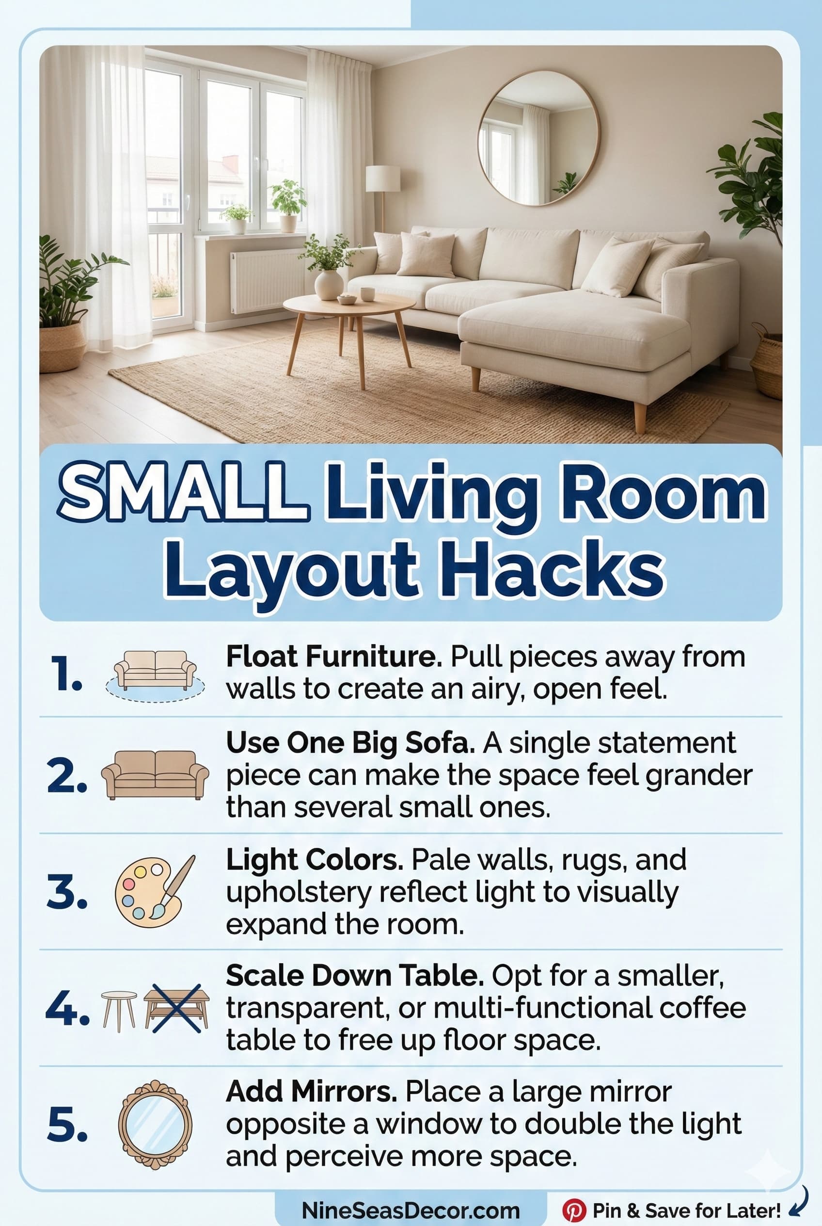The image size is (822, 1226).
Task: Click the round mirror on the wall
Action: pos(538,137)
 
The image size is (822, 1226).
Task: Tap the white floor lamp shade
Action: pos(383,179)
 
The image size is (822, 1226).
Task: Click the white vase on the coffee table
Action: pos(328,285)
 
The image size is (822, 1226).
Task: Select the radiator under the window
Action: pos(268,281)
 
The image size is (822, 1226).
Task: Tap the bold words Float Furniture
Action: pos(334,657)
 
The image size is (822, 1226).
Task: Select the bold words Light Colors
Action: pos(315,859)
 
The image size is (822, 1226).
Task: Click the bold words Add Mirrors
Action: pos(311,1092)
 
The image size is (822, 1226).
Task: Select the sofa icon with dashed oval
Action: pos(155,675)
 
